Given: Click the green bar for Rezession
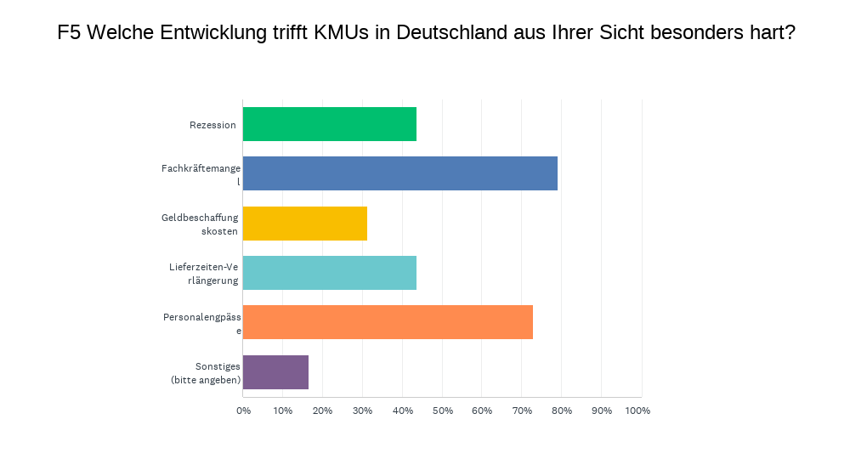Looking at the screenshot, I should click(x=330, y=124).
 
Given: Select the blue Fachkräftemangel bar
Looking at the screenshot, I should click(x=400, y=173).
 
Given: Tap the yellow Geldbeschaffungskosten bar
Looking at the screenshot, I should click(x=305, y=224).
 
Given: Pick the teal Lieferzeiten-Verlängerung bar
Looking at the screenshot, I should click(x=330, y=273).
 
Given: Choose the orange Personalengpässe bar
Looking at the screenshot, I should click(x=388, y=322).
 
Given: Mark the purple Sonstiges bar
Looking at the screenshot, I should click(x=275, y=372).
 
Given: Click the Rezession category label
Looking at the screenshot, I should click(x=212, y=125).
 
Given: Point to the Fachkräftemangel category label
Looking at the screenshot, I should click(x=201, y=174).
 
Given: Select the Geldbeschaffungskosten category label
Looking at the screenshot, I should click(x=201, y=224).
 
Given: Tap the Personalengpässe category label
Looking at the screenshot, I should click(x=201, y=323).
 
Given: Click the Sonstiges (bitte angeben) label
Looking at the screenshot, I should click(x=205, y=372).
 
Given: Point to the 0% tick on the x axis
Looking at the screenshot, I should click(x=243, y=411).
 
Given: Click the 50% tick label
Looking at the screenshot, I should click(x=442, y=411).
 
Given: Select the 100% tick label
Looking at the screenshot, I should click(x=637, y=411).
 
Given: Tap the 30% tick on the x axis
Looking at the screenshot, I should click(x=362, y=411).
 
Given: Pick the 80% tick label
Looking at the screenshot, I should click(x=561, y=411).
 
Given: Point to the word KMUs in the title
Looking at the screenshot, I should click(x=341, y=33).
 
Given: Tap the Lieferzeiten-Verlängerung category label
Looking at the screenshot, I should click(x=204, y=274).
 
